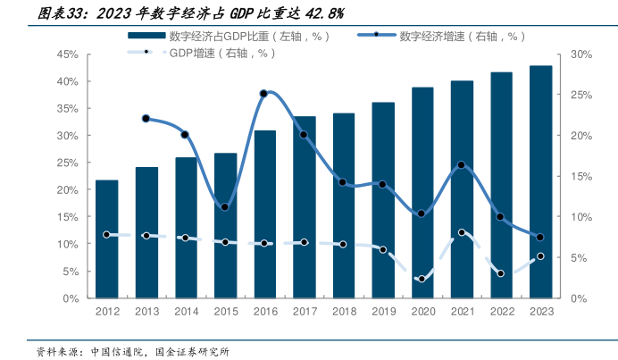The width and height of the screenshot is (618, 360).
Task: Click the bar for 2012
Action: click(x=106, y=239)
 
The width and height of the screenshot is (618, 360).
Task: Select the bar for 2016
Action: click(x=264, y=214)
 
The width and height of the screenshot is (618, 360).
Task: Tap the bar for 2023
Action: click(x=540, y=182)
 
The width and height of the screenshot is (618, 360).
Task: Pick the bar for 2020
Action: click(x=422, y=193)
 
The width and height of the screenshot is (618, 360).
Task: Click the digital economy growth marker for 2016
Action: click(x=263, y=93)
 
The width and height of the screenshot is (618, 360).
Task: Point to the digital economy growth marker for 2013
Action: click(x=146, y=118)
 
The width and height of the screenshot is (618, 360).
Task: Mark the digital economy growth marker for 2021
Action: click(x=461, y=165)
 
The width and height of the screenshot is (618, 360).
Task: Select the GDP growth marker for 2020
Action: click(x=422, y=279)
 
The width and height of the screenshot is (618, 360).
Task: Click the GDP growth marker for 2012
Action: click(x=106, y=234)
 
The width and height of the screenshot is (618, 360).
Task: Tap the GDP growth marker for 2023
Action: click(x=540, y=256)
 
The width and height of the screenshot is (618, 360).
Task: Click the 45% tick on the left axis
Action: click(x=70, y=54)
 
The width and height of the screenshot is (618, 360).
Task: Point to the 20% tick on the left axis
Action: click(x=70, y=190)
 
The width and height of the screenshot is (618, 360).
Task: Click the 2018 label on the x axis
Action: click(x=343, y=311)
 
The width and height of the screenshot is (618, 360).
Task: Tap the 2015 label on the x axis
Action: click(x=225, y=311)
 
